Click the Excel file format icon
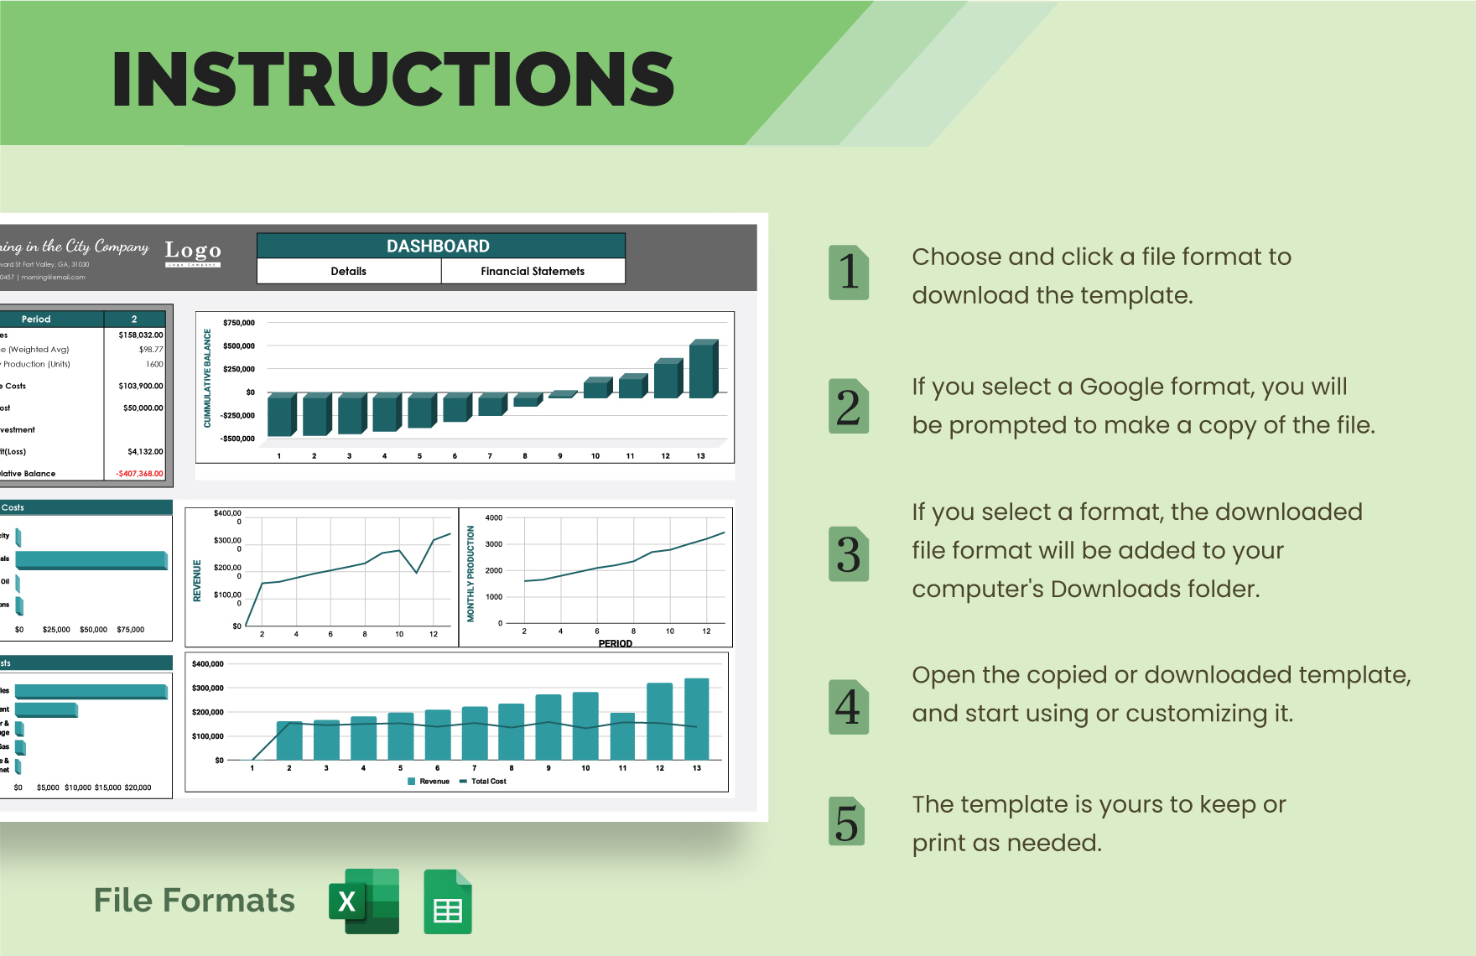364,901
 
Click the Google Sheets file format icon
448,902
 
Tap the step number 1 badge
849,273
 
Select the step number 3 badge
849,554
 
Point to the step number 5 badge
847,822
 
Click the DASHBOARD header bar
440,246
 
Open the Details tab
349,271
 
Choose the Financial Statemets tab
533,271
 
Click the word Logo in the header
193,250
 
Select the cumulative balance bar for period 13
703,369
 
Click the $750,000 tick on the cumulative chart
239,323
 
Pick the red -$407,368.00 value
139,474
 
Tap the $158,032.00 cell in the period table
140,335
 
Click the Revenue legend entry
429,782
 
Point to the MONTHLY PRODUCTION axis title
470,574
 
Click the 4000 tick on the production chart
494,517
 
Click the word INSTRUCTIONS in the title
392,80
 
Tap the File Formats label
195,901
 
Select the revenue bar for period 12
660,721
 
